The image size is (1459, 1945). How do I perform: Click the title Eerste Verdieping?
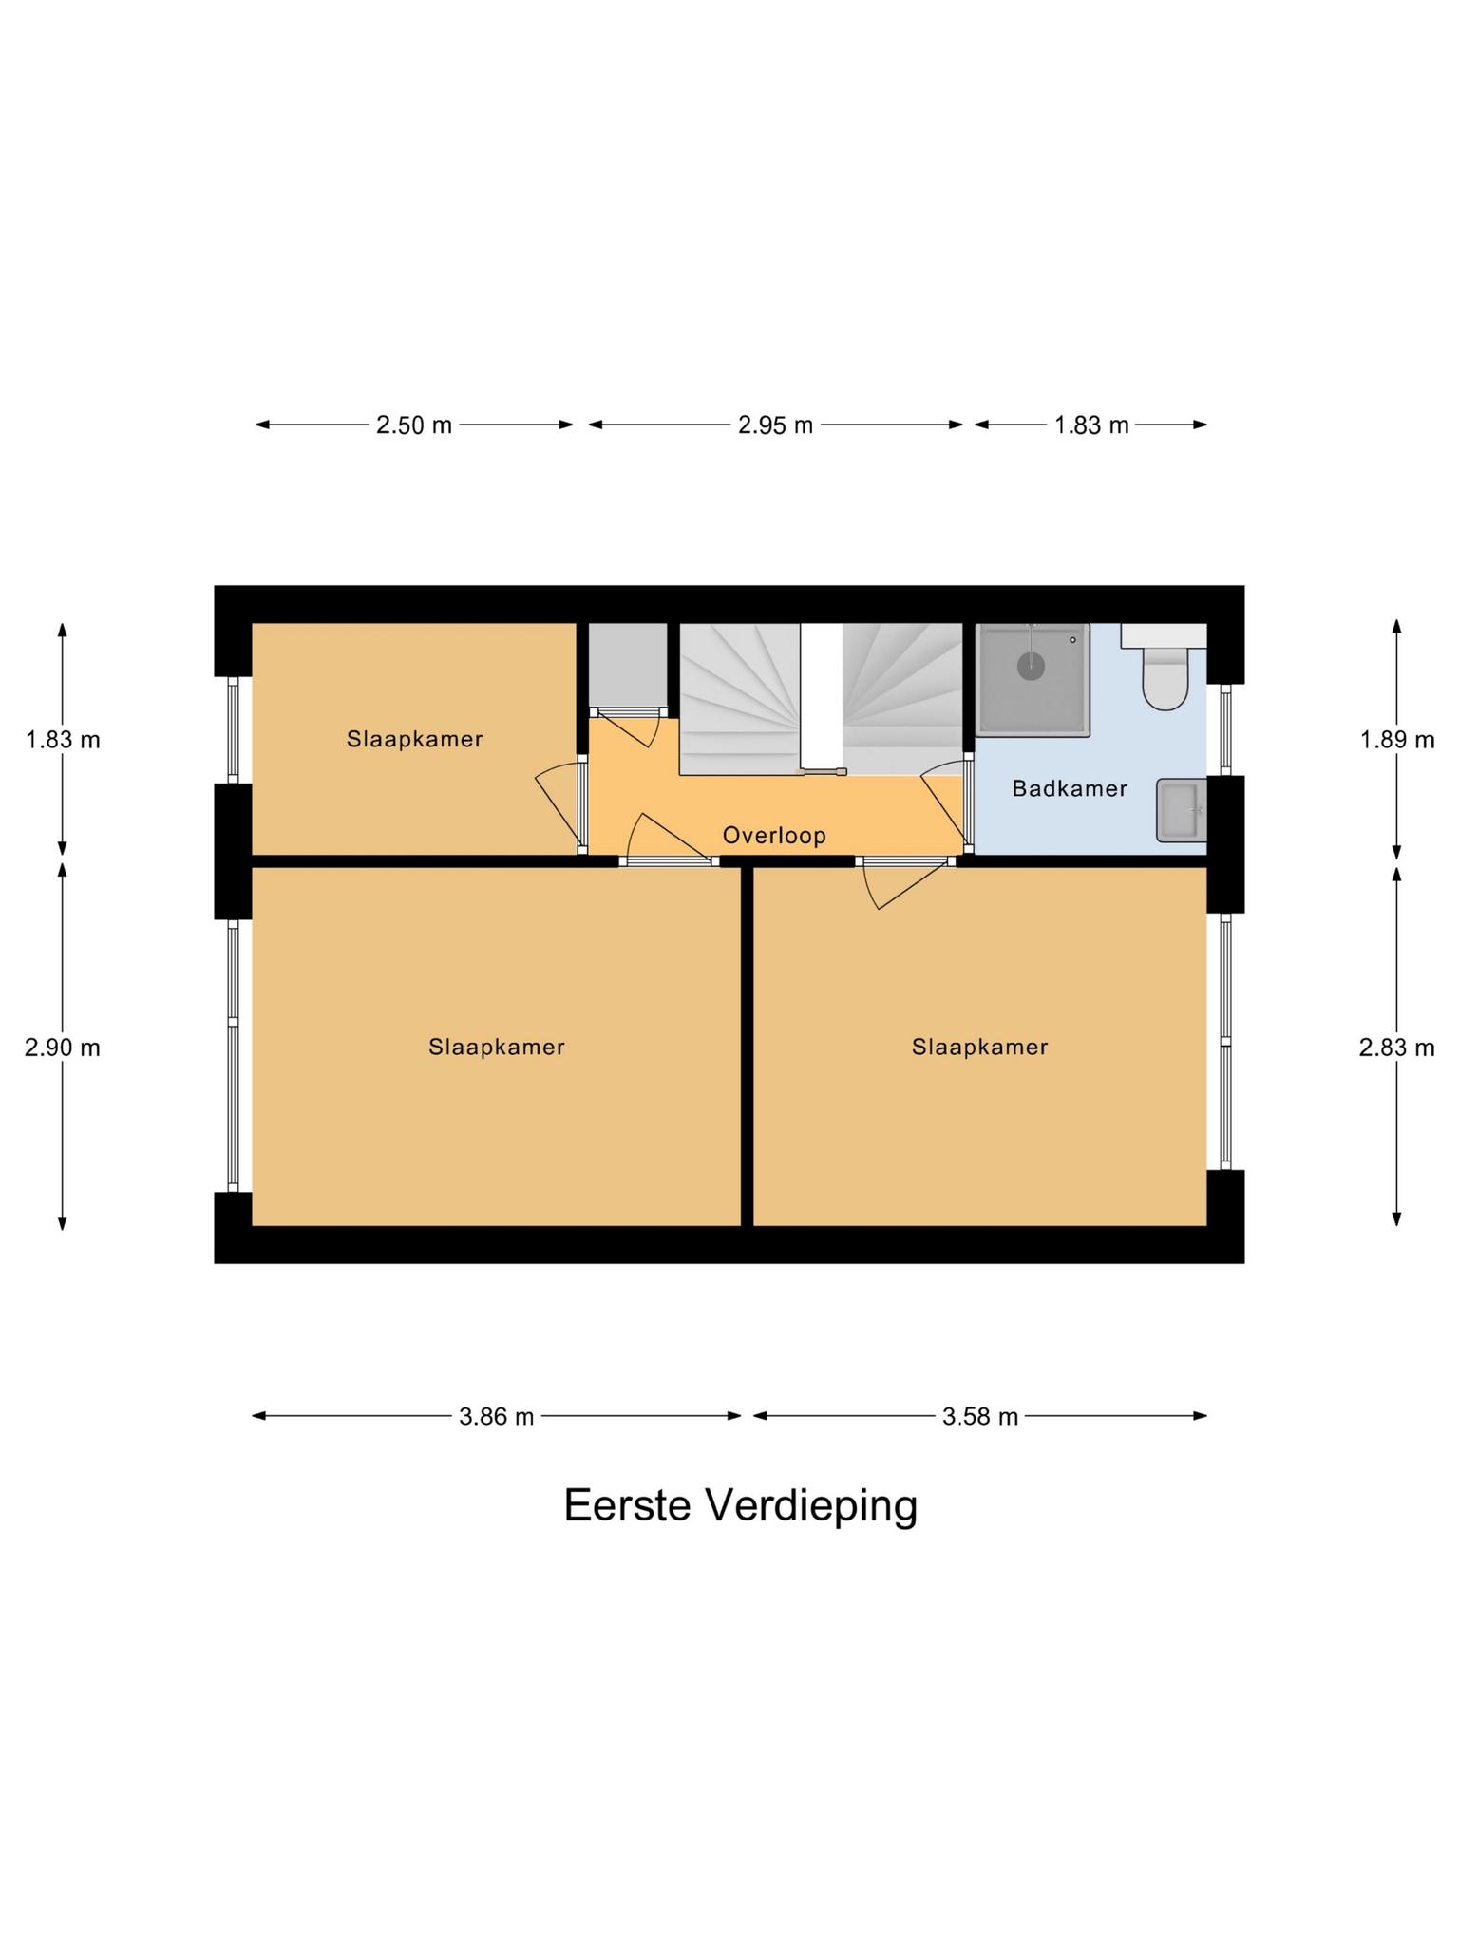click(740, 1505)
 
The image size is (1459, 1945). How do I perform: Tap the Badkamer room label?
click(1070, 788)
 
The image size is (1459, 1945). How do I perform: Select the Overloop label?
click(774, 836)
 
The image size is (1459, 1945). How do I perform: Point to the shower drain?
click(1031, 665)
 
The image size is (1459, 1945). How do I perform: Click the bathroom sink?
click(1181, 810)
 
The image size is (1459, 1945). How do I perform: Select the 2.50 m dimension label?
click(414, 425)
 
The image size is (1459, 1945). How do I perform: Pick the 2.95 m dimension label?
click(775, 425)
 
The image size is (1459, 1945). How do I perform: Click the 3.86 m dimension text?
click(496, 1417)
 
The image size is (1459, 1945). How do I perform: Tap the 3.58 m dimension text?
click(979, 1417)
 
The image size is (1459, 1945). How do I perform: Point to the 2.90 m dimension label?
click(63, 1048)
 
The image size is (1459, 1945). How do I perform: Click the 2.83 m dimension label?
click(1396, 1048)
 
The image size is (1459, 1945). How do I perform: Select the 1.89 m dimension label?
click(1396, 740)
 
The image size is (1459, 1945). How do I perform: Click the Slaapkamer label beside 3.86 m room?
click(496, 1047)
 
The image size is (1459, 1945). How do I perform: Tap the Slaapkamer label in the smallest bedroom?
click(414, 739)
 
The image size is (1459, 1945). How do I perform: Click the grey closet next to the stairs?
click(626, 664)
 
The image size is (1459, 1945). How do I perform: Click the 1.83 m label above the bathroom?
click(1091, 425)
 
